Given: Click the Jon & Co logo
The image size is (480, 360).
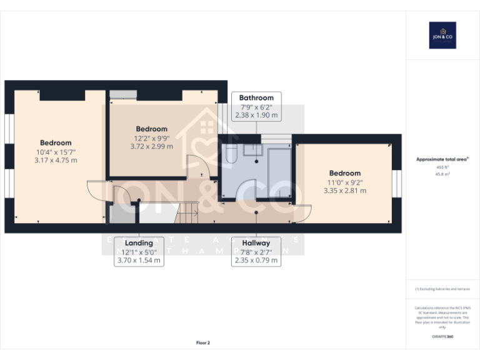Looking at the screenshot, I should [442, 35].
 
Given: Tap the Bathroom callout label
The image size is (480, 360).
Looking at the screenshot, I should [256, 98].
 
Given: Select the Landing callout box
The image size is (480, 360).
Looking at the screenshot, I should [139, 251].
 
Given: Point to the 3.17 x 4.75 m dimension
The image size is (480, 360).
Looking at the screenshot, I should [56, 160].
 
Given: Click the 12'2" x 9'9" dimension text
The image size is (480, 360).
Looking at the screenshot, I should [151, 138].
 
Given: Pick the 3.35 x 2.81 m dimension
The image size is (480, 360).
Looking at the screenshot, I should [344, 191].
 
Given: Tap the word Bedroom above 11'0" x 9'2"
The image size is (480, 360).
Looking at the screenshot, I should [344, 173].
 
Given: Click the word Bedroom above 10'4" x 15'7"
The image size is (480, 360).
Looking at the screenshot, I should [56, 142].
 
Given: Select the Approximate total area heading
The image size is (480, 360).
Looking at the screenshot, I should [442, 159].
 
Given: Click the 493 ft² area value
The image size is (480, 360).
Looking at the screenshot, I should [442, 167].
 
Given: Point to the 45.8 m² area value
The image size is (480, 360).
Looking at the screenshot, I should [442, 174].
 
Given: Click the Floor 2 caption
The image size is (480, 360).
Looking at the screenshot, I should [203, 342].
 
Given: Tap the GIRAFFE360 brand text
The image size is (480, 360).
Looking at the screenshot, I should [442, 337].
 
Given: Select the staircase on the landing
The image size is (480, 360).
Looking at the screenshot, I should [186, 215].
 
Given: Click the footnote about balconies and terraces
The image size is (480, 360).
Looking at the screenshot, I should [442, 289].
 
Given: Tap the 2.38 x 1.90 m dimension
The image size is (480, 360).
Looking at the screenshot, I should [256, 116].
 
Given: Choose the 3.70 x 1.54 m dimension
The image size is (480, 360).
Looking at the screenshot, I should [139, 260].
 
